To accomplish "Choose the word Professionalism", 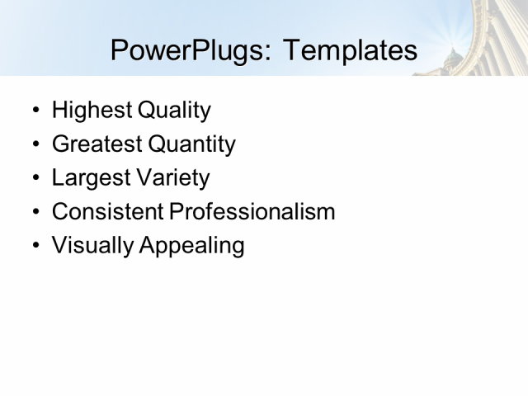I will (252, 212).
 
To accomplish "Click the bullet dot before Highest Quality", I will (34, 111).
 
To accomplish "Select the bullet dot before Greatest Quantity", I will (34, 145).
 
